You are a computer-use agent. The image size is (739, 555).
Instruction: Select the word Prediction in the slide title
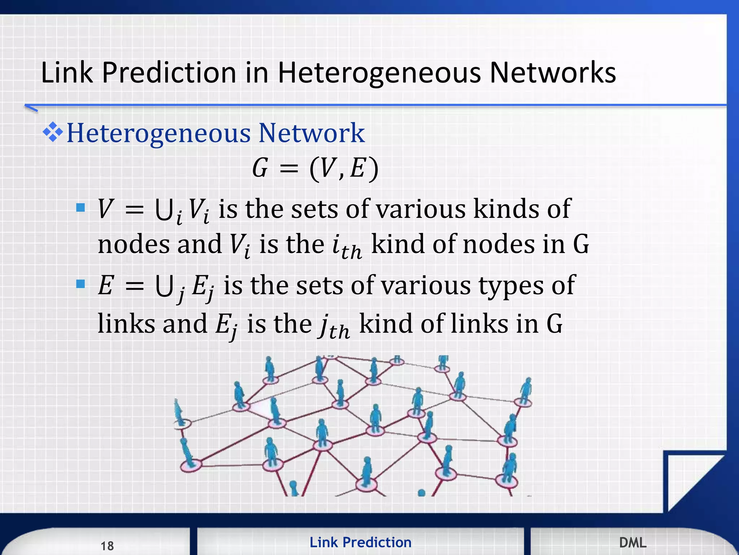coord(169,73)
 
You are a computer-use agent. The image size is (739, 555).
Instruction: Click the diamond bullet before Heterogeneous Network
coord(53,132)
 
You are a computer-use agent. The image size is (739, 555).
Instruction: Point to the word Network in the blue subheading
coord(311,133)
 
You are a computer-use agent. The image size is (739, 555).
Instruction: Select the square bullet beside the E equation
coord(80,284)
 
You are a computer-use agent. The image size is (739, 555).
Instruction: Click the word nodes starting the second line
coord(133,245)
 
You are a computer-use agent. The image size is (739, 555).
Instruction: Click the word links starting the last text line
coord(126,324)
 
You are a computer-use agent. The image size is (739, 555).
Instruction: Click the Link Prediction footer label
coord(360,542)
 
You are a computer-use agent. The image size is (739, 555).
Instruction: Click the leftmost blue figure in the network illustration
coord(179,412)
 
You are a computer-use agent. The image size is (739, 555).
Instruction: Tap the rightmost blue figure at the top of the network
coord(526,390)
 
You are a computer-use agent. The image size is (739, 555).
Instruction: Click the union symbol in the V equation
coord(163,210)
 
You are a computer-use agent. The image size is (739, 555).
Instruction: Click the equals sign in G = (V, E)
coord(289,169)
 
